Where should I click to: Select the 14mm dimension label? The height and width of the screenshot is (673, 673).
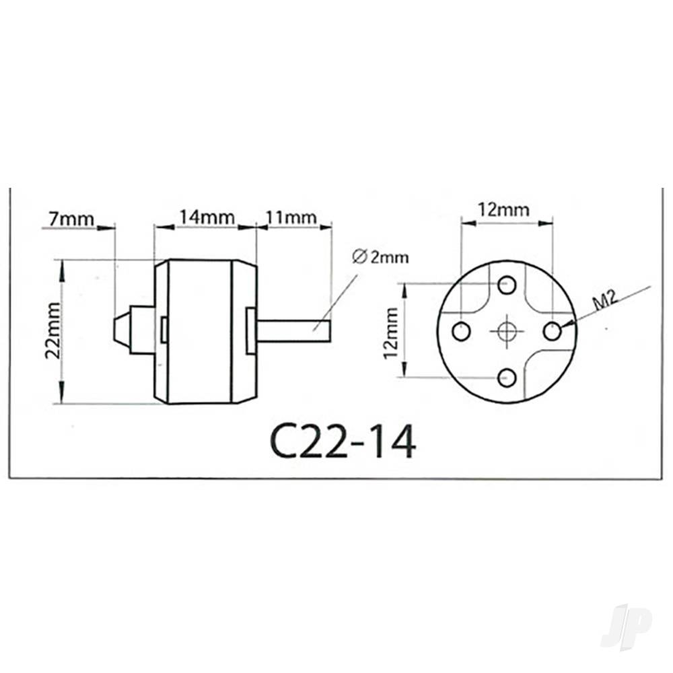[205, 217]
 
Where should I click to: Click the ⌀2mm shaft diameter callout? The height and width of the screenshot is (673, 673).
[380, 256]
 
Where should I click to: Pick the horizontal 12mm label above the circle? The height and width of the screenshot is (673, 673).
[503, 210]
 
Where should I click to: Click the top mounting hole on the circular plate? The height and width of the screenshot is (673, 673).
[507, 285]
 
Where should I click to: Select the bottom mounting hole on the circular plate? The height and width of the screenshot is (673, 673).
[507, 378]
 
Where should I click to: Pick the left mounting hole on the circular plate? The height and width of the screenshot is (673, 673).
[461, 331]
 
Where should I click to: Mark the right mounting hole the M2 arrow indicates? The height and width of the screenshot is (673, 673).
[553, 331]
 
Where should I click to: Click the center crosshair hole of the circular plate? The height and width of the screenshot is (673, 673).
[507, 331]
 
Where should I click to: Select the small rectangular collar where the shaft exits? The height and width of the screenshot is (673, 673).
[251, 330]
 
